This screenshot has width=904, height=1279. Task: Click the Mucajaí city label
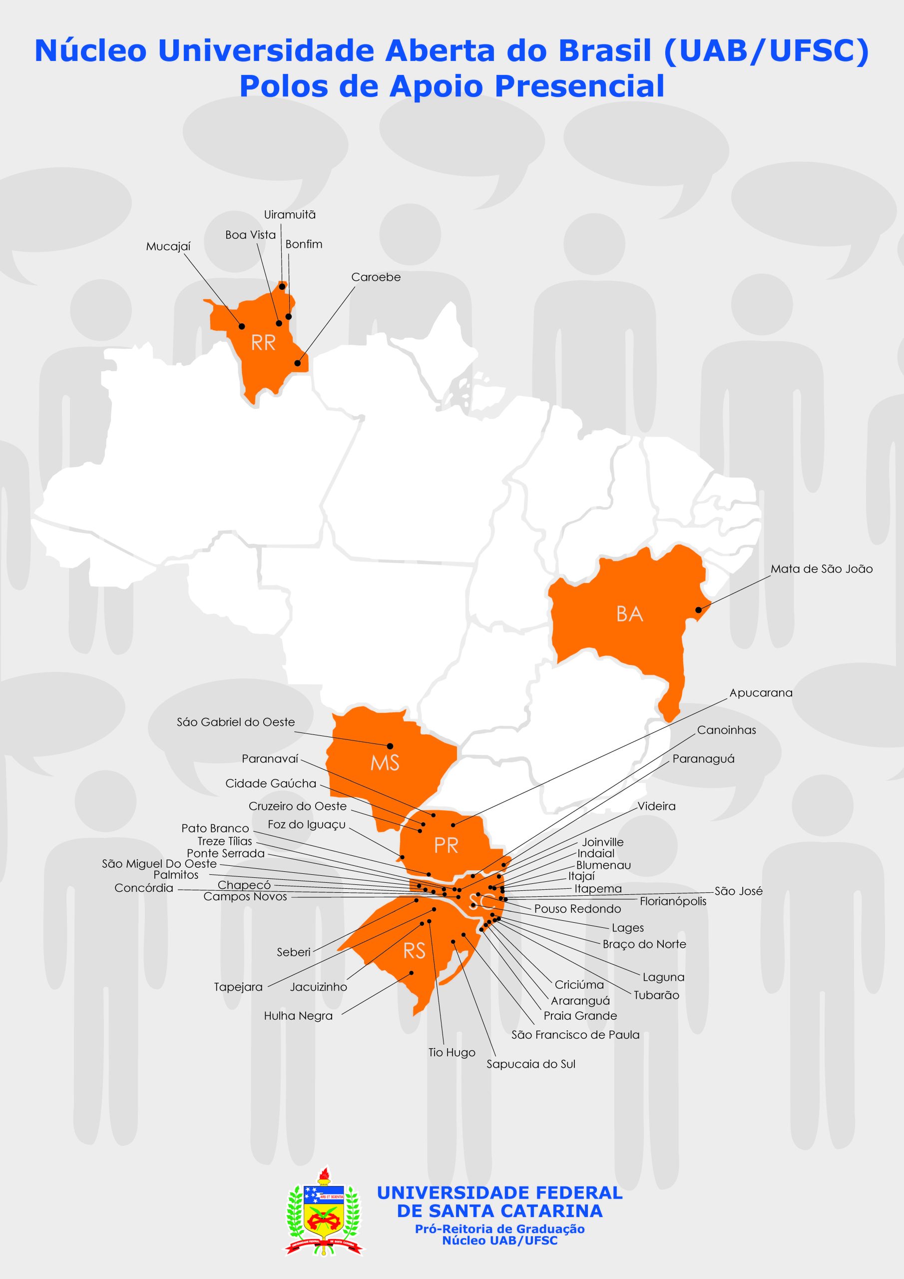168,247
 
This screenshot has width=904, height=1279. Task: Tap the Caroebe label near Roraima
376,277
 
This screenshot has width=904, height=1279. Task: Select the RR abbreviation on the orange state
263,343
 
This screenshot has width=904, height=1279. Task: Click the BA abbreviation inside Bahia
630,614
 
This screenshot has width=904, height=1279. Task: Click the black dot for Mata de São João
698,610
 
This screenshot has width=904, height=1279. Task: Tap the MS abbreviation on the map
385,762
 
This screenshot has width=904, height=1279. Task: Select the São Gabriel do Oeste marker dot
390,746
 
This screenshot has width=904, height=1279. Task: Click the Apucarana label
761,693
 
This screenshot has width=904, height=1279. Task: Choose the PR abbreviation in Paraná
446,846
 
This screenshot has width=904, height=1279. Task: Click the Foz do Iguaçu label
306,824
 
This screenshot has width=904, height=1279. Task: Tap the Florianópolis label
673,901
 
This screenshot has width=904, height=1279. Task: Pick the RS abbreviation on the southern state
415,951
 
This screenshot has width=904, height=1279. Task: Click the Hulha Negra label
298,1016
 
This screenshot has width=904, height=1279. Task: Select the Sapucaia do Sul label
531,1064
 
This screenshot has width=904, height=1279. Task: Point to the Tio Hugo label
452,1052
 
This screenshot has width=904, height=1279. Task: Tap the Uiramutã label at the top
290,214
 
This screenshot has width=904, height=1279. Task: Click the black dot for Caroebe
298,363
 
